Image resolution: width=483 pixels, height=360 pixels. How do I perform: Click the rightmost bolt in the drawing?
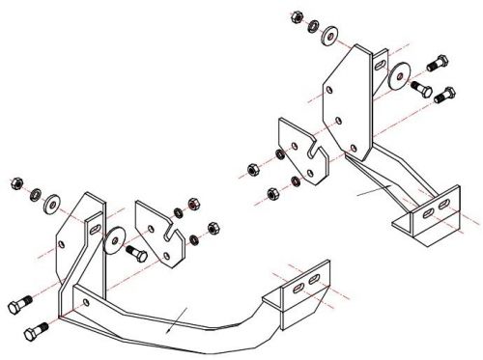445,95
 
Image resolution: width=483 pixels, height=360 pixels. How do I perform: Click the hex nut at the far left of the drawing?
15,181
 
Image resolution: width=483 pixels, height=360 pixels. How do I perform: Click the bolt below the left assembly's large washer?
136,255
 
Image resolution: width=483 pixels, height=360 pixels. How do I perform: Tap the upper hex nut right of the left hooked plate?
192,207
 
